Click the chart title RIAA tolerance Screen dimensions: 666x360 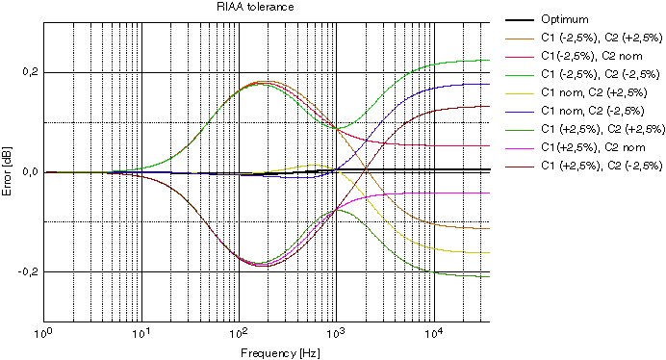click(255, 7)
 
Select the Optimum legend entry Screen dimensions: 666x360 click(565, 19)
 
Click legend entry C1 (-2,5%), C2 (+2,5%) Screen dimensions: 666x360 click(602, 38)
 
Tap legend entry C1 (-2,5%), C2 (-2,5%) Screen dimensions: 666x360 click(601, 74)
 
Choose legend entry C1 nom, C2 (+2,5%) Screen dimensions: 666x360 click(594, 92)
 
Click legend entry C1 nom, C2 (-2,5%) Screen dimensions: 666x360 click(593, 111)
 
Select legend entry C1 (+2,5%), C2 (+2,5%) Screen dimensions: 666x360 click(602, 129)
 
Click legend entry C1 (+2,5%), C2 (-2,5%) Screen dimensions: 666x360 click(602, 166)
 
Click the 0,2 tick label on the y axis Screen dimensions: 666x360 click(31, 72)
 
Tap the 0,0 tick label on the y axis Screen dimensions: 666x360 click(31, 172)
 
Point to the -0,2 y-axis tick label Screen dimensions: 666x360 click(29, 271)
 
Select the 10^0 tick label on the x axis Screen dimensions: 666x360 click(42, 333)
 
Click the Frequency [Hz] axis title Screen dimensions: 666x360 click(280, 352)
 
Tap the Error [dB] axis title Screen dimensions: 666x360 click(7, 171)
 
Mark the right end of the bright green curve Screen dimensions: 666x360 click(490, 60)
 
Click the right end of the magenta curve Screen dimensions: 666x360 click(490, 193)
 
